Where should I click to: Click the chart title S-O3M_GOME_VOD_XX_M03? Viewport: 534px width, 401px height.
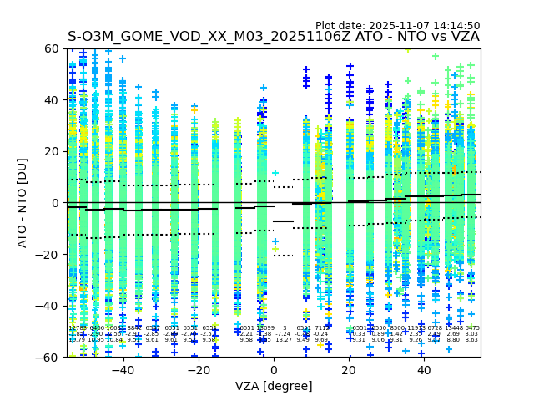[274, 37]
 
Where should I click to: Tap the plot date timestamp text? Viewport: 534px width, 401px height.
[397, 26]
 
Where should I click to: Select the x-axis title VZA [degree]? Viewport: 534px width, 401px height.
[274, 386]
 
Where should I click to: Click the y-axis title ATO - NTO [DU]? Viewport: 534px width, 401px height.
[23, 203]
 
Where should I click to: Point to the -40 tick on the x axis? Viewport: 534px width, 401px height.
[123, 370]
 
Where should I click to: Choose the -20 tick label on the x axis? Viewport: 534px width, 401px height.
[198, 370]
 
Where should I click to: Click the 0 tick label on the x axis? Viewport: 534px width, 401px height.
[274, 370]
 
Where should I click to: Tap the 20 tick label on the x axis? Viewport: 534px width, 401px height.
[349, 370]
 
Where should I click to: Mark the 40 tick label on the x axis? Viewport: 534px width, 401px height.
[424, 370]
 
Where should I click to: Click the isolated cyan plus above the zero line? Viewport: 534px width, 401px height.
[275, 174]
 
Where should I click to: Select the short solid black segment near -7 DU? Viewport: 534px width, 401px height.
[284, 221]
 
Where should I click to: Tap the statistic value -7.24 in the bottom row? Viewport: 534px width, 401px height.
[284, 334]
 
